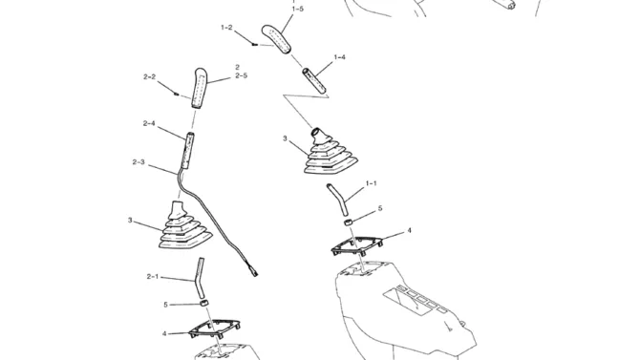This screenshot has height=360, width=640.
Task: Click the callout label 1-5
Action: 297,9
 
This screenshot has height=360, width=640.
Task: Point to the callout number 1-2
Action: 226,28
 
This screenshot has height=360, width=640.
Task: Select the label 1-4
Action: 340,57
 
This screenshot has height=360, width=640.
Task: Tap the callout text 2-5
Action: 241,75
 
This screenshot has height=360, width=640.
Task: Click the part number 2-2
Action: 149,76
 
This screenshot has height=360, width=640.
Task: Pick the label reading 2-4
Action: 149,123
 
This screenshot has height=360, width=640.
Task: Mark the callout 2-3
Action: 139,162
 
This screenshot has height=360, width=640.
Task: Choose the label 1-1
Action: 371,183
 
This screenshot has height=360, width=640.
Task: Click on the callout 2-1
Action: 152,276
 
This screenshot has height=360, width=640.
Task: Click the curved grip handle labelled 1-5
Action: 278,39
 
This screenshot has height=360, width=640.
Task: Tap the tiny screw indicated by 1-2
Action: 255,45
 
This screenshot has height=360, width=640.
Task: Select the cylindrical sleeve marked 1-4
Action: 314,81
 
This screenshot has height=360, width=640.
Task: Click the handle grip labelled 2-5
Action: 200,89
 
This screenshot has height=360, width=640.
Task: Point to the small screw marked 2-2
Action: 177,94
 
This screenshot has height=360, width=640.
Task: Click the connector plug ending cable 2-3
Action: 253,272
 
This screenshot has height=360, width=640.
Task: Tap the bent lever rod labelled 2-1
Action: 200,279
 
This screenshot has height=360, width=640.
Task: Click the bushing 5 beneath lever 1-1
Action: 348,222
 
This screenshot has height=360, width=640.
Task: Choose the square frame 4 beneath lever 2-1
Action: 214,329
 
